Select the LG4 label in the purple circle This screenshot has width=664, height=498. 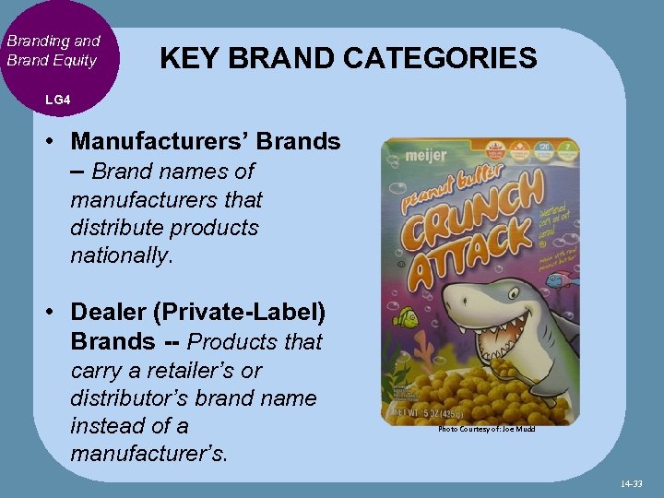(56, 99)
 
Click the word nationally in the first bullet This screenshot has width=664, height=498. (119, 255)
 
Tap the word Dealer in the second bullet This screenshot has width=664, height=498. (109, 313)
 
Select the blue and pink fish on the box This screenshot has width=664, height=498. (567, 275)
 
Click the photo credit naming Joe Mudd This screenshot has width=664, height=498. (486, 429)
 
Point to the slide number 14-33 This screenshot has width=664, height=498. (630, 483)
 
